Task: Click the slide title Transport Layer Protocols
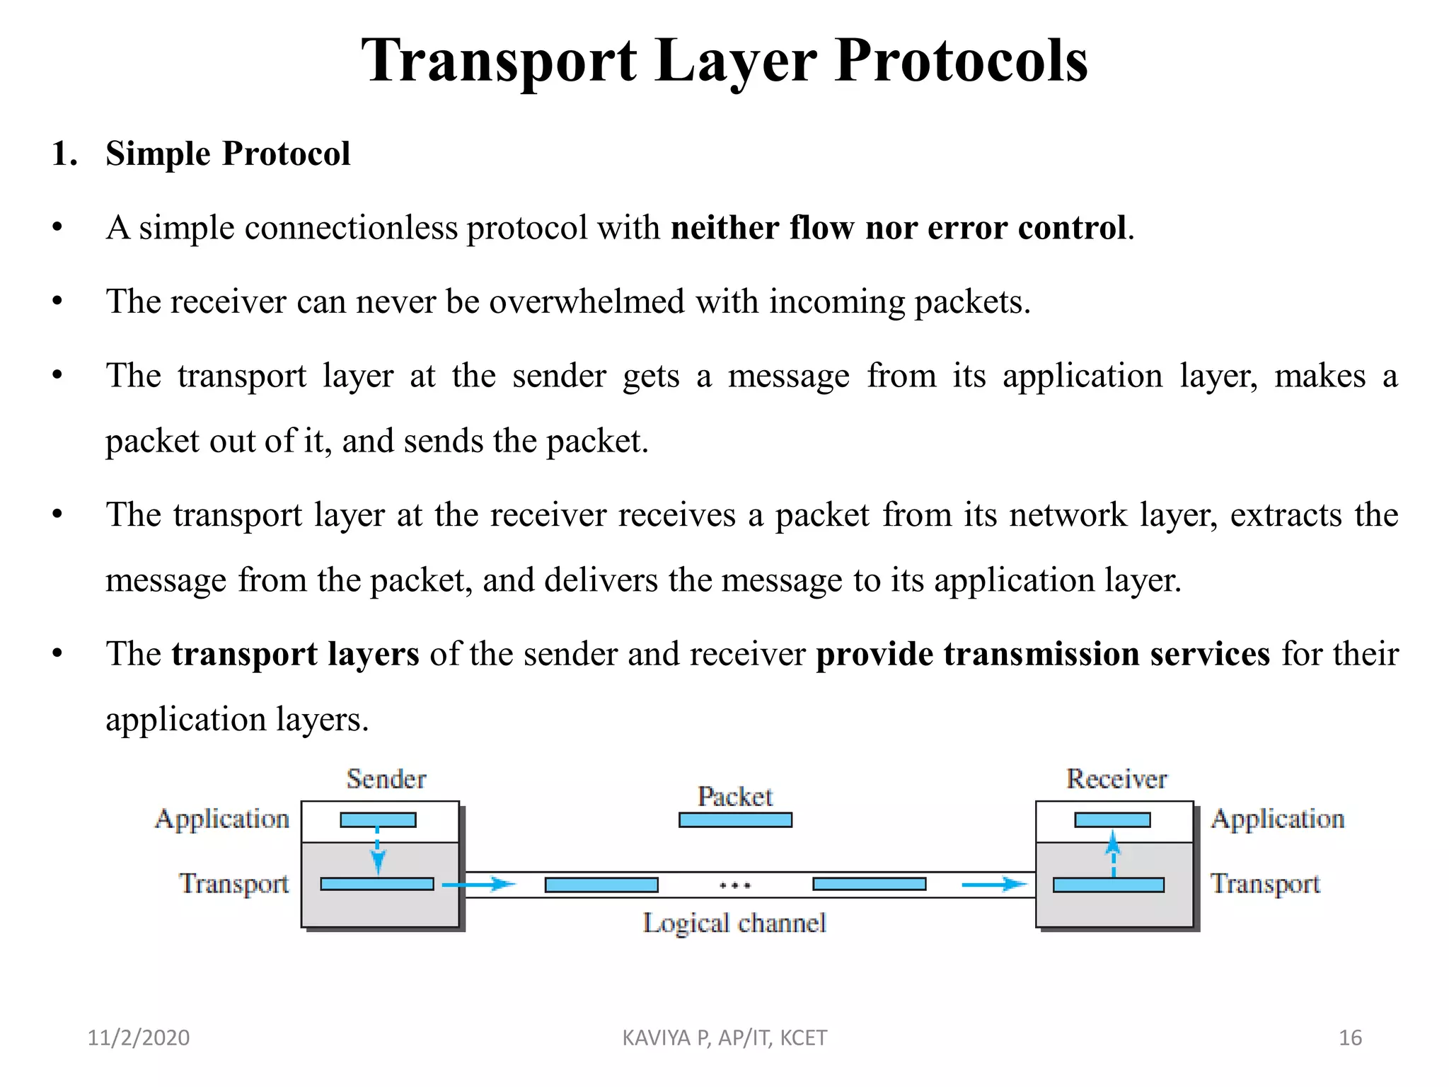point(724,61)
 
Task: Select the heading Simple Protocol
point(227,154)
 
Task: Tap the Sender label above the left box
point(386,779)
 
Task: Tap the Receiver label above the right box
point(1116,779)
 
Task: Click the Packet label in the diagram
point(735,797)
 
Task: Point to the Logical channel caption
point(734,923)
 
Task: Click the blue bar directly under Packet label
point(735,820)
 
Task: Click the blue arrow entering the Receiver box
point(993,884)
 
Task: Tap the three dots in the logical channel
point(735,885)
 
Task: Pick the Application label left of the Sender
point(222,819)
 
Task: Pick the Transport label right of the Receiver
point(1265,884)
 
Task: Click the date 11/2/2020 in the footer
point(139,1037)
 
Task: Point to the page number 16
point(1350,1037)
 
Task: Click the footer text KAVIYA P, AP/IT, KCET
point(724,1037)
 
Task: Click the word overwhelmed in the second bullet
point(587,301)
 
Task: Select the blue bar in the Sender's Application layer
point(378,820)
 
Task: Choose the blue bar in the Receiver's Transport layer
point(1108,885)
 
